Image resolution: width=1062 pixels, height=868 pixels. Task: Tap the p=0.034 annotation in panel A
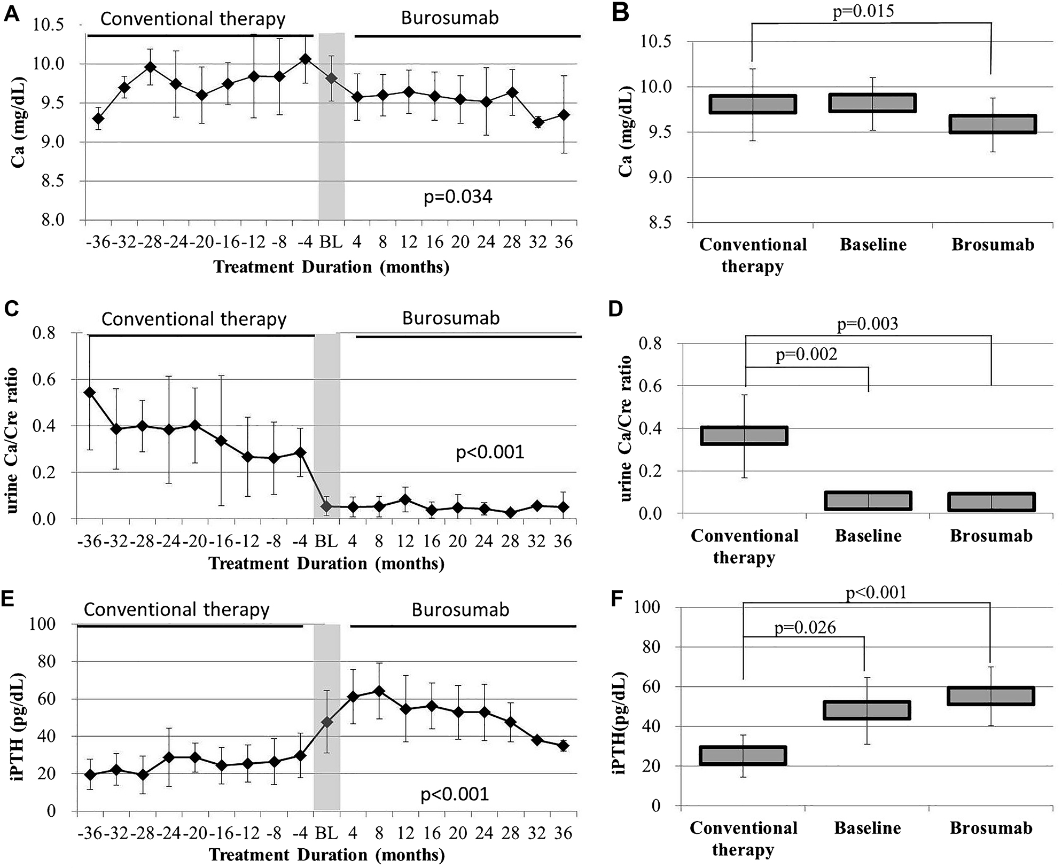pos(458,197)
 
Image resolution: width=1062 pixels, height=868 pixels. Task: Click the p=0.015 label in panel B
pos(863,11)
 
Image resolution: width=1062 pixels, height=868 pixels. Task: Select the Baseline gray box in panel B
pos(872,103)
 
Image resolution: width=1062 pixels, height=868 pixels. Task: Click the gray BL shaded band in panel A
pos(331,126)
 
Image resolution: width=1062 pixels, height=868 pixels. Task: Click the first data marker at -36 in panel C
pos(90,393)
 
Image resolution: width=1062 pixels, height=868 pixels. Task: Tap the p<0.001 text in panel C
pos(490,452)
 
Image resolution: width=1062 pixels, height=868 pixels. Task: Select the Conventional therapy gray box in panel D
pos(744,436)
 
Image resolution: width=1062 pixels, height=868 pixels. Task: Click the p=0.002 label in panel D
pos(806,354)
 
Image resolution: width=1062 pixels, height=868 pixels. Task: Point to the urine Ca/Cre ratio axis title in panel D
pos(626,428)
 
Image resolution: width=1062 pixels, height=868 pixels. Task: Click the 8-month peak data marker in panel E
pos(378,691)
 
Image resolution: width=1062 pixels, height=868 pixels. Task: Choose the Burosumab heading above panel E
pos(460,609)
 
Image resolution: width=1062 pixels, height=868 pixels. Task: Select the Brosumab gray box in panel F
pos(991,696)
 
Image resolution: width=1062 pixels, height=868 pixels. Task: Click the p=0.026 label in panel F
pos(805,628)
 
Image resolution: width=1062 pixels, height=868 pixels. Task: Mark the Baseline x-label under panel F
pos(868,828)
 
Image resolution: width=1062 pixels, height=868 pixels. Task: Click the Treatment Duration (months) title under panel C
pos(326,564)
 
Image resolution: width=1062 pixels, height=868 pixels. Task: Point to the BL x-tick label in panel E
pos(326,833)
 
